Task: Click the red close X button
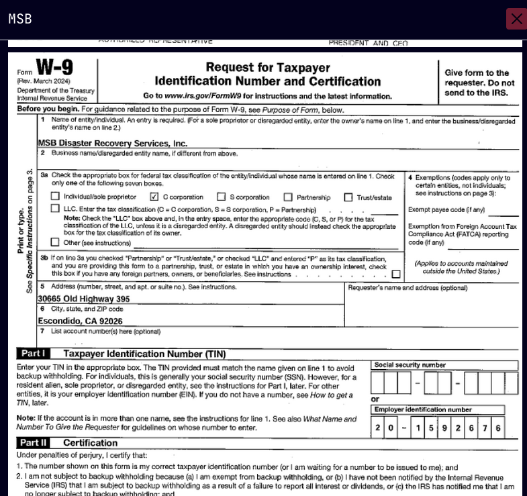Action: (516, 19)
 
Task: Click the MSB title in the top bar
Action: (20, 19)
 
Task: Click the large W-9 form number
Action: (54, 68)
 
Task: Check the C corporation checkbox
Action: (154, 197)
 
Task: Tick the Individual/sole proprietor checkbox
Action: (56, 197)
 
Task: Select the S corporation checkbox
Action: (221, 197)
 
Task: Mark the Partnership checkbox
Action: (288, 197)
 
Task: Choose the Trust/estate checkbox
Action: (348, 197)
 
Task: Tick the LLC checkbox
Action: (56, 209)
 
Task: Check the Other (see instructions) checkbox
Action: (56, 242)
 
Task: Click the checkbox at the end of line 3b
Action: (396, 274)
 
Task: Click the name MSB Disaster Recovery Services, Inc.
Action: (112, 144)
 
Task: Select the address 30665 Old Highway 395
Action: (84, 299)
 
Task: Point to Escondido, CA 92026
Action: (80, 321)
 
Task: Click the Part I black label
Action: (33, 354)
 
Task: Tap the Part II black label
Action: (34, 443)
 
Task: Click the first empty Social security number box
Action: (378, 383)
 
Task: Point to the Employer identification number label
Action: (423, 409)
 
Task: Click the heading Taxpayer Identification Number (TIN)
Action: (144, 354)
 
